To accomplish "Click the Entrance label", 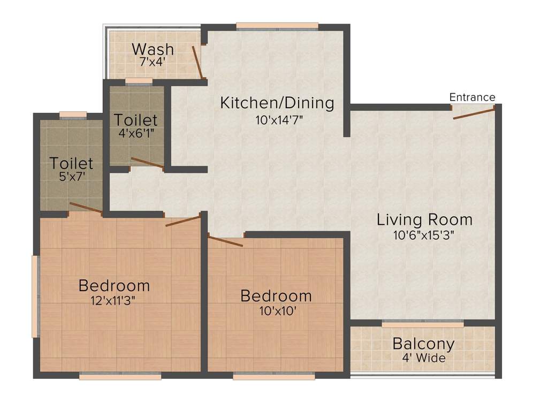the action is (x=472, y=97).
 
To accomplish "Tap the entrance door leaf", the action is (x=474, y=113).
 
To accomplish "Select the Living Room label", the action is (x=424, y=220).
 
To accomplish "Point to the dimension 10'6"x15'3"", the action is (x=424, y=235).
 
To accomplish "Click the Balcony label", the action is (x=424, y=344).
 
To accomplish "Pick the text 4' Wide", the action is (x=424, y=358).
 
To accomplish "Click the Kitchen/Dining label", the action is (x=277, y=103).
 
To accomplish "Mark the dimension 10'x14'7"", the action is (x=279, y=120).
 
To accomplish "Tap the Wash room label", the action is (x=153, y=49).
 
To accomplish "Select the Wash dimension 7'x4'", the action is (x=153, y=62).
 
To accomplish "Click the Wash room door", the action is (x=197, y=62).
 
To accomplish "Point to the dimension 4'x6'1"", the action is (x=136, y=133).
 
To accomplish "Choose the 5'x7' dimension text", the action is (x=72, y=177).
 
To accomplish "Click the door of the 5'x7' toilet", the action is (x=86, y=208).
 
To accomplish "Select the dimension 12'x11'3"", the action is (x=113, y=300).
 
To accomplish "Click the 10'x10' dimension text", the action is (x=278, y=311).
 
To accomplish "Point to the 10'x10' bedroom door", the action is (x=225, y=241).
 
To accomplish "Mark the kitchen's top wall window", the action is (x=277, y=27).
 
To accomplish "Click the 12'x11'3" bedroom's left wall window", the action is (x=36, y=296).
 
